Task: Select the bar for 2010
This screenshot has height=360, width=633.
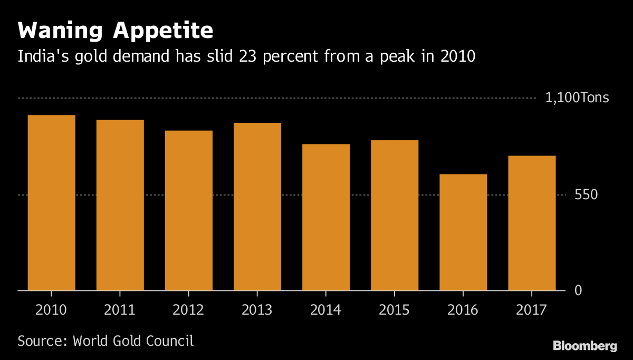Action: click(x=51, y=203)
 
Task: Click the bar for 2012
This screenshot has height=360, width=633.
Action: click(x=188, y=210)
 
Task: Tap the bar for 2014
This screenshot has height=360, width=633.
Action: click(x=325, y=217)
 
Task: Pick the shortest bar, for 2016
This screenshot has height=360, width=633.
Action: click(x=463, y=232)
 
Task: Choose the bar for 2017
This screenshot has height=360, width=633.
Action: click(x=531, y=223)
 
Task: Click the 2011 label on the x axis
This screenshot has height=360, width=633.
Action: click(x=120, y=310)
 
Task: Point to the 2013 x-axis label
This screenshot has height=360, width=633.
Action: click(x=257, y=310)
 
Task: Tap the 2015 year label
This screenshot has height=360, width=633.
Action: click(x=394, y=310)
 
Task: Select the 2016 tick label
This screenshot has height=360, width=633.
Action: click(x=463, y=310)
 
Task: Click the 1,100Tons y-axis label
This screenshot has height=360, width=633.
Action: click(x=577, y=98)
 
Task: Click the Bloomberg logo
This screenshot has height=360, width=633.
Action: click(x=584, y=346)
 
